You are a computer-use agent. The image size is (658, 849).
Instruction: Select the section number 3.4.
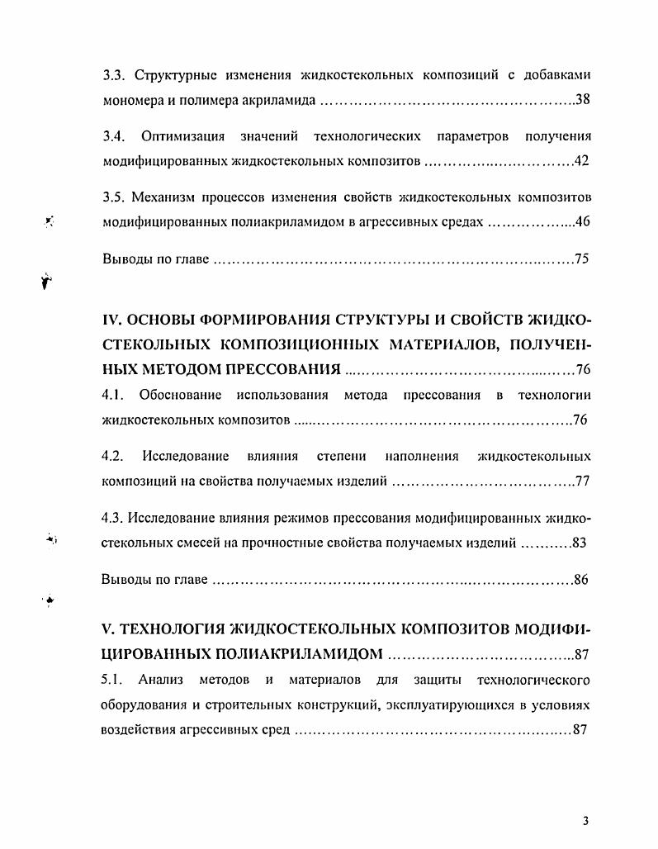coord(113,135)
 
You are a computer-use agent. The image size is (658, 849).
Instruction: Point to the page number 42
coord(581,160)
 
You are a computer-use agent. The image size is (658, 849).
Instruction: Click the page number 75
coord(581,259)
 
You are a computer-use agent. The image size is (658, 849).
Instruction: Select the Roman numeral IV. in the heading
coord(112,320)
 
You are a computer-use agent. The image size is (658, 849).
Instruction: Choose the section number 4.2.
coord(112,456)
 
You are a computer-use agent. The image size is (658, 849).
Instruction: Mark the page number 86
coord(581,580)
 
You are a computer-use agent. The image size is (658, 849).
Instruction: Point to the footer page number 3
coord(584,821)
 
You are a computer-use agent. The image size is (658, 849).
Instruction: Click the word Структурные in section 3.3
coord(170,74)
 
